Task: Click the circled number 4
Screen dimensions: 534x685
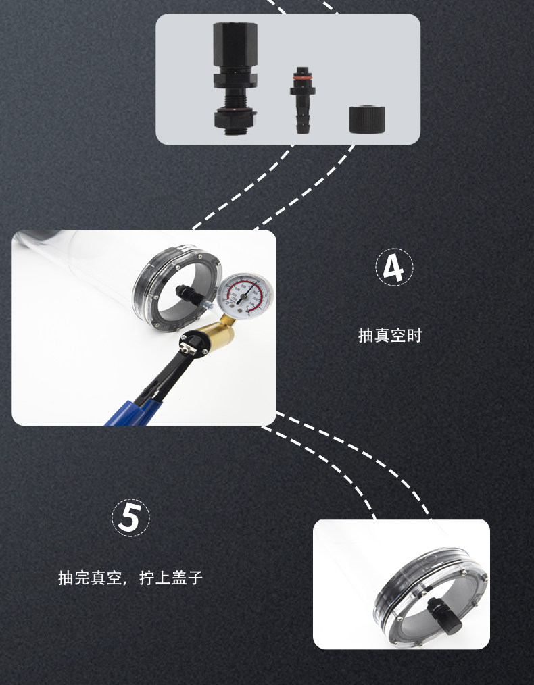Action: click(394, 268)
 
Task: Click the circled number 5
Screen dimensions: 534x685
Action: click(130, 517)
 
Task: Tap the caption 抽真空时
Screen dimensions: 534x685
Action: click(390, 336)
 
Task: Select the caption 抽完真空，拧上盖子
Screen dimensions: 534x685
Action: click(130, 578)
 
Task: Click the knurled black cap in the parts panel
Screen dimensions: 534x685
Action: click(366, 120)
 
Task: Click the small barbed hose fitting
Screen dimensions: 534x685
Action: click(302, 100)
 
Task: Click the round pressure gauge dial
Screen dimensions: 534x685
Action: click(245, 295)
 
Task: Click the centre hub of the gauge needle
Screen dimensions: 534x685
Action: click(245, 296)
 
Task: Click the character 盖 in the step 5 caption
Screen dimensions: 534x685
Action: click(179, 578)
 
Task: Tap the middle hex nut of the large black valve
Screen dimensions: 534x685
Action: click(235, 80)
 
